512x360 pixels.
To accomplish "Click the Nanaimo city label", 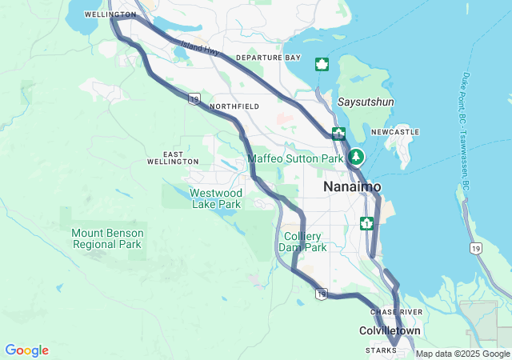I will tap(352, 186).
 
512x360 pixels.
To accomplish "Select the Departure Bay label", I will tap(269, 58).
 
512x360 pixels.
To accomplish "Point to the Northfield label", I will tap(234, 106).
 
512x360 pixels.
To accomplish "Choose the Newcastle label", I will tap(400, 131).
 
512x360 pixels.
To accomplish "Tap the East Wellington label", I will tap(173, 158).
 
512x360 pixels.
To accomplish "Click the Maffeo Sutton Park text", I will tap(294, 158).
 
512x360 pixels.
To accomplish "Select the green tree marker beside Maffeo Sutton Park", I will tap(356, 158).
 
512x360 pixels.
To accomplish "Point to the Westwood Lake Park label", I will tap(216, 198).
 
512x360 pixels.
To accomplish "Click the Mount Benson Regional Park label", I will tap(106, 238).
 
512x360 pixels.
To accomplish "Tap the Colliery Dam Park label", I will tap(305, 242).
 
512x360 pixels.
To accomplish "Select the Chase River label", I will tap(390, 311).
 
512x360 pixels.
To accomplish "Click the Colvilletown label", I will tap(389, 330).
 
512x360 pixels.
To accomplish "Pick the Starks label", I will tap(381, 350).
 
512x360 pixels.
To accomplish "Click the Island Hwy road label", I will tap(200, 48).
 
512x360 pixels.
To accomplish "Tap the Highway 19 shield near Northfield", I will tap(194, 98).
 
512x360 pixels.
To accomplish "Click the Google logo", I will tap(26, 350).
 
